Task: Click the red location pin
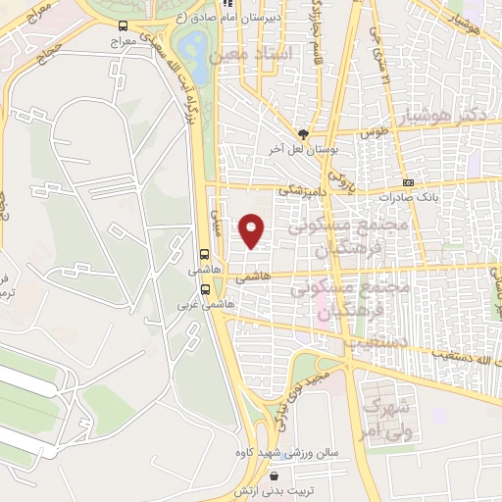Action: tap(253, 229)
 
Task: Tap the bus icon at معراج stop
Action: tap(122, 26)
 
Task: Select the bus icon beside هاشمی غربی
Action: tap(205, 289)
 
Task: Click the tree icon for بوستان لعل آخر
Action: tap(303, 134)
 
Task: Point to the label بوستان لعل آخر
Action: tap(303, 149)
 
